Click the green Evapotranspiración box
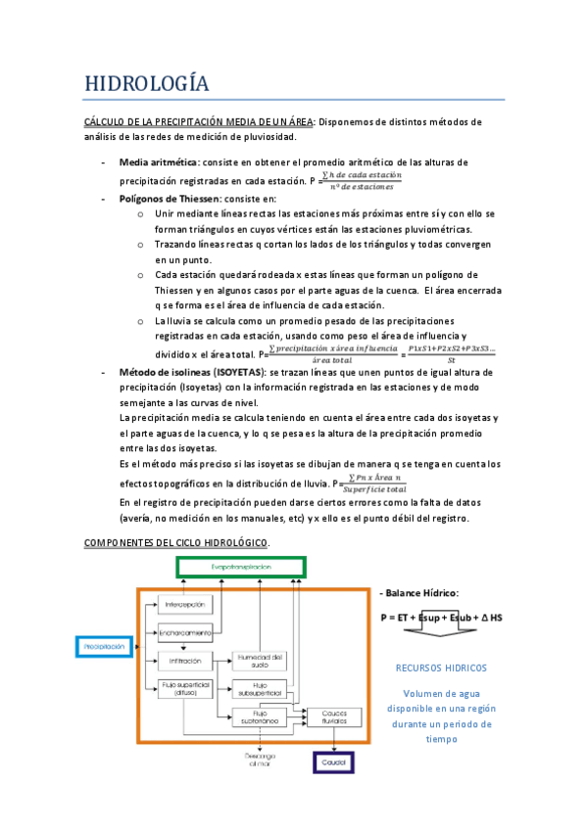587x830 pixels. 241,568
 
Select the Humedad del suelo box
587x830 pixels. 259,660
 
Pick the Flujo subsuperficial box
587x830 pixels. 259,689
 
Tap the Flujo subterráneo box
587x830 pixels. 259,719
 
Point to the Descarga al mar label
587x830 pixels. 259,761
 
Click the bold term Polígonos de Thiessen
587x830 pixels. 171,197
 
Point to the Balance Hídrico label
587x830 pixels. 421,593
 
